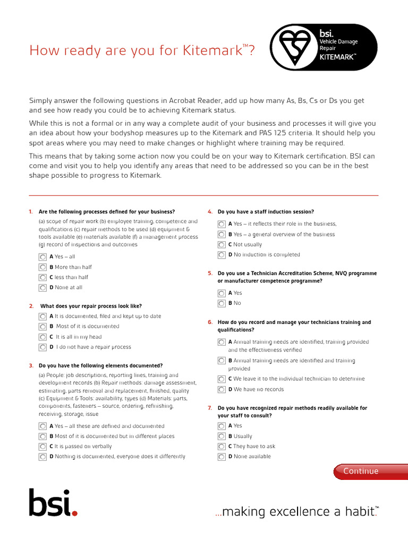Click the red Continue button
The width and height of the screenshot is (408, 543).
pos(361,471)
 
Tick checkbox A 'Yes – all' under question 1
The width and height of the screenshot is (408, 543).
pos(42,257)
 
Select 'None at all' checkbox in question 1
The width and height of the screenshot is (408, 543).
pos(42,287)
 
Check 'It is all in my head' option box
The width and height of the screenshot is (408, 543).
pos(42,337)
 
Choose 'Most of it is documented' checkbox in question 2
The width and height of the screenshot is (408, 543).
pos(42,327)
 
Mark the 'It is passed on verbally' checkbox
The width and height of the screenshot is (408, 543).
pos(42,446)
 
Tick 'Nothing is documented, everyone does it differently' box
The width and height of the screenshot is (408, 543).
pos(42,457)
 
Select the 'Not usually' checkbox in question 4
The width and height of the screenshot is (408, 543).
pos(222,244)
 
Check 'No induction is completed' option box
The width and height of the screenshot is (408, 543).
pos(222,255)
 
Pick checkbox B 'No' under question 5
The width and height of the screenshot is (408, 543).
pos(222,303)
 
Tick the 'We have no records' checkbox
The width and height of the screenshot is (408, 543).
pos(222,389)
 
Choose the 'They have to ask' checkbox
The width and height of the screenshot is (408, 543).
pos(222,446)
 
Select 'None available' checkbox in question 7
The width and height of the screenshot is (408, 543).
pos(222,457)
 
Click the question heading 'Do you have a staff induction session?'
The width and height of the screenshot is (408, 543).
pos(266,212)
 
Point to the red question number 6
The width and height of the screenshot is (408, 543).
pos(210,322)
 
